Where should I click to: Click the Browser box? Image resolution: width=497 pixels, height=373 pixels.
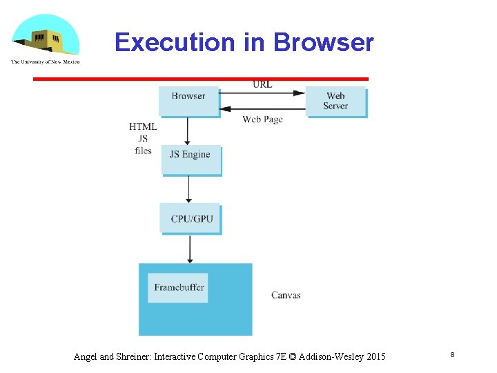point(188,101)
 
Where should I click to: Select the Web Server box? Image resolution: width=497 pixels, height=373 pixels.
point(336,102)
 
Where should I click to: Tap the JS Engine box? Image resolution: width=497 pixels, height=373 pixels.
point(191,159)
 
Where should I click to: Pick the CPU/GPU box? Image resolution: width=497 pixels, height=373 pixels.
point(191,218)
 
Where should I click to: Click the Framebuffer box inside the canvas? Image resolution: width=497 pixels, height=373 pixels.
point(179,287)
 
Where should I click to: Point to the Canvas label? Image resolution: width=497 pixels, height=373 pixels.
point(286,295)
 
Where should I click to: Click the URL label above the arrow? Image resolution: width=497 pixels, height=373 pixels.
point(262,84)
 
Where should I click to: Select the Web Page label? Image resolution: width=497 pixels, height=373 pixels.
point(262,119)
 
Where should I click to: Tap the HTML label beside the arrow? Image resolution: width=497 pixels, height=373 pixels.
point(143,126)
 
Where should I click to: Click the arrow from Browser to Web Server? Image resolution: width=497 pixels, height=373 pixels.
point(262,93)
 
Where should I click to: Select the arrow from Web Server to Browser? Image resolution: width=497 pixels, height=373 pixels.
point(262,108)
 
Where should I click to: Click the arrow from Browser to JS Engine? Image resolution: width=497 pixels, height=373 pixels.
point(188,130)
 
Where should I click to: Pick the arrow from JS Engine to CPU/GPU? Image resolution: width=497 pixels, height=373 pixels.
point(189,189)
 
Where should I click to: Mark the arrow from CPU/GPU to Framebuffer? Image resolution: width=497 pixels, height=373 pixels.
point(190,249)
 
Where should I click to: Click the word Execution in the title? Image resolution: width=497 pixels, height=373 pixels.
point(175,42)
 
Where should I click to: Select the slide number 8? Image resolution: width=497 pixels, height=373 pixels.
point(452,354)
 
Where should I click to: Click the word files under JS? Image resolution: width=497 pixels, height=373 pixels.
point(143,151)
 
